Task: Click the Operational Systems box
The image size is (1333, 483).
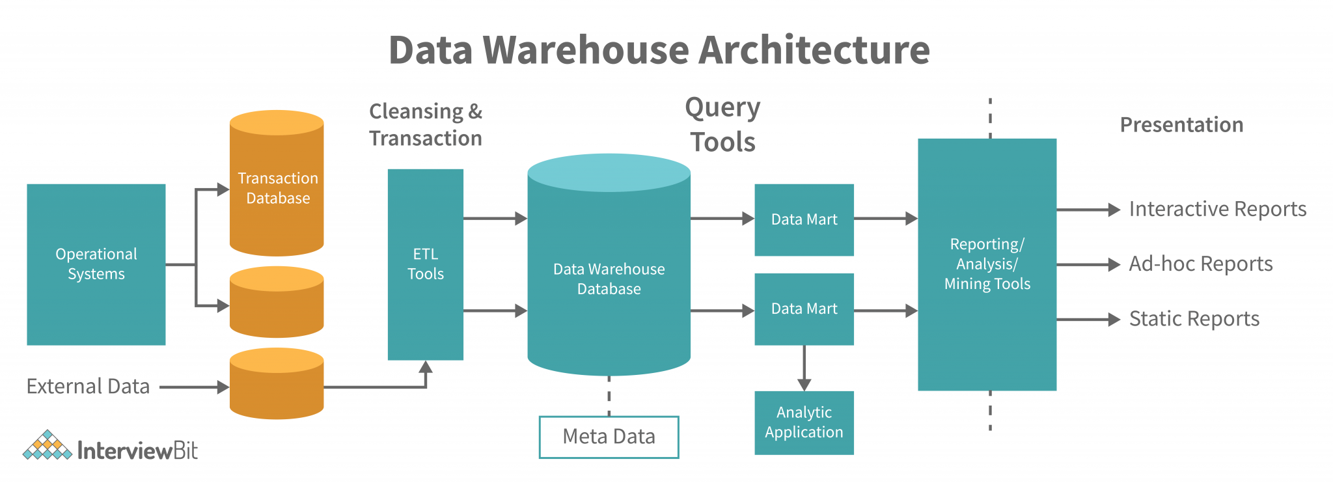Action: pos(96,264)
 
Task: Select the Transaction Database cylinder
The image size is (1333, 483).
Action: pos(277,187)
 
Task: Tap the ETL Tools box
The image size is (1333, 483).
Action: pos(425,264)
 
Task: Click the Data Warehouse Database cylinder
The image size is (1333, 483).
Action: pos(609,279)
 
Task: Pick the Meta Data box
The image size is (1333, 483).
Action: pos(609,437)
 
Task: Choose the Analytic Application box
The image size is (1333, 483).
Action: pos(804,422)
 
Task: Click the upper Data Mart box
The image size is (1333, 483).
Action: pos(804,219)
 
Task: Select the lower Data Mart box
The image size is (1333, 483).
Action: pos(804,309)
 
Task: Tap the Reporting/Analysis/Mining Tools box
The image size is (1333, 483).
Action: pos(987,264)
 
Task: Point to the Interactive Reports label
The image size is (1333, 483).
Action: pos(1217,209)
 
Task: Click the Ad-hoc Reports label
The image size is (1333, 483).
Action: pos(1200,264)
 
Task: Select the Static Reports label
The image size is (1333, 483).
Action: pos(1194,319)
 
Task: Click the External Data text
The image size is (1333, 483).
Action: pos(88,387)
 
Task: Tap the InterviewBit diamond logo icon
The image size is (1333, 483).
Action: pos(47,447)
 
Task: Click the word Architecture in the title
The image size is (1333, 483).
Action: pos(814,50)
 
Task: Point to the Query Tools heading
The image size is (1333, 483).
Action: pos(722,124)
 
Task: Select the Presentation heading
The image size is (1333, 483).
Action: pos(1181,124)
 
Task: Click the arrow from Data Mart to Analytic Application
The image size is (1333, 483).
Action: pos(804,368)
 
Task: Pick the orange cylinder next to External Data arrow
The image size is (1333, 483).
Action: pos(277,384)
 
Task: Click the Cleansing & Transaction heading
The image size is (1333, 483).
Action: pos(425,124)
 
